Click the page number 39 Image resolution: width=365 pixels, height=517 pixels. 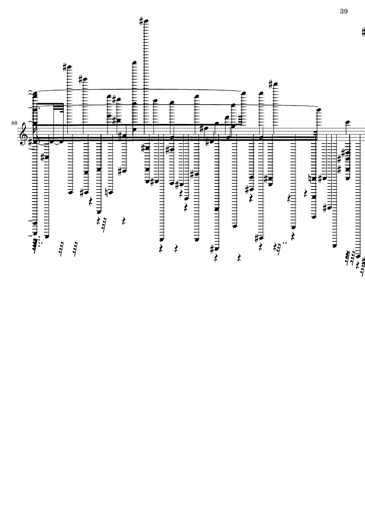click(x=344, y=11)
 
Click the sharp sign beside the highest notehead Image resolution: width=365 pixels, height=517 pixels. click(x=141, y=20)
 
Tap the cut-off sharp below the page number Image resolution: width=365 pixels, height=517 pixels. click(x=363, y=32)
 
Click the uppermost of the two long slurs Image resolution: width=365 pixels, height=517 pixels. click(x=140, y=89)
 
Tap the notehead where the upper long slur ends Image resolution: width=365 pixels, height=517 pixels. click(x=243, y=93)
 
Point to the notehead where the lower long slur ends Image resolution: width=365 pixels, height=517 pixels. click(x=318, y=110)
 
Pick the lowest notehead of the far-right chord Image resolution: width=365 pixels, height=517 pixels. click(x=348, y=178)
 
